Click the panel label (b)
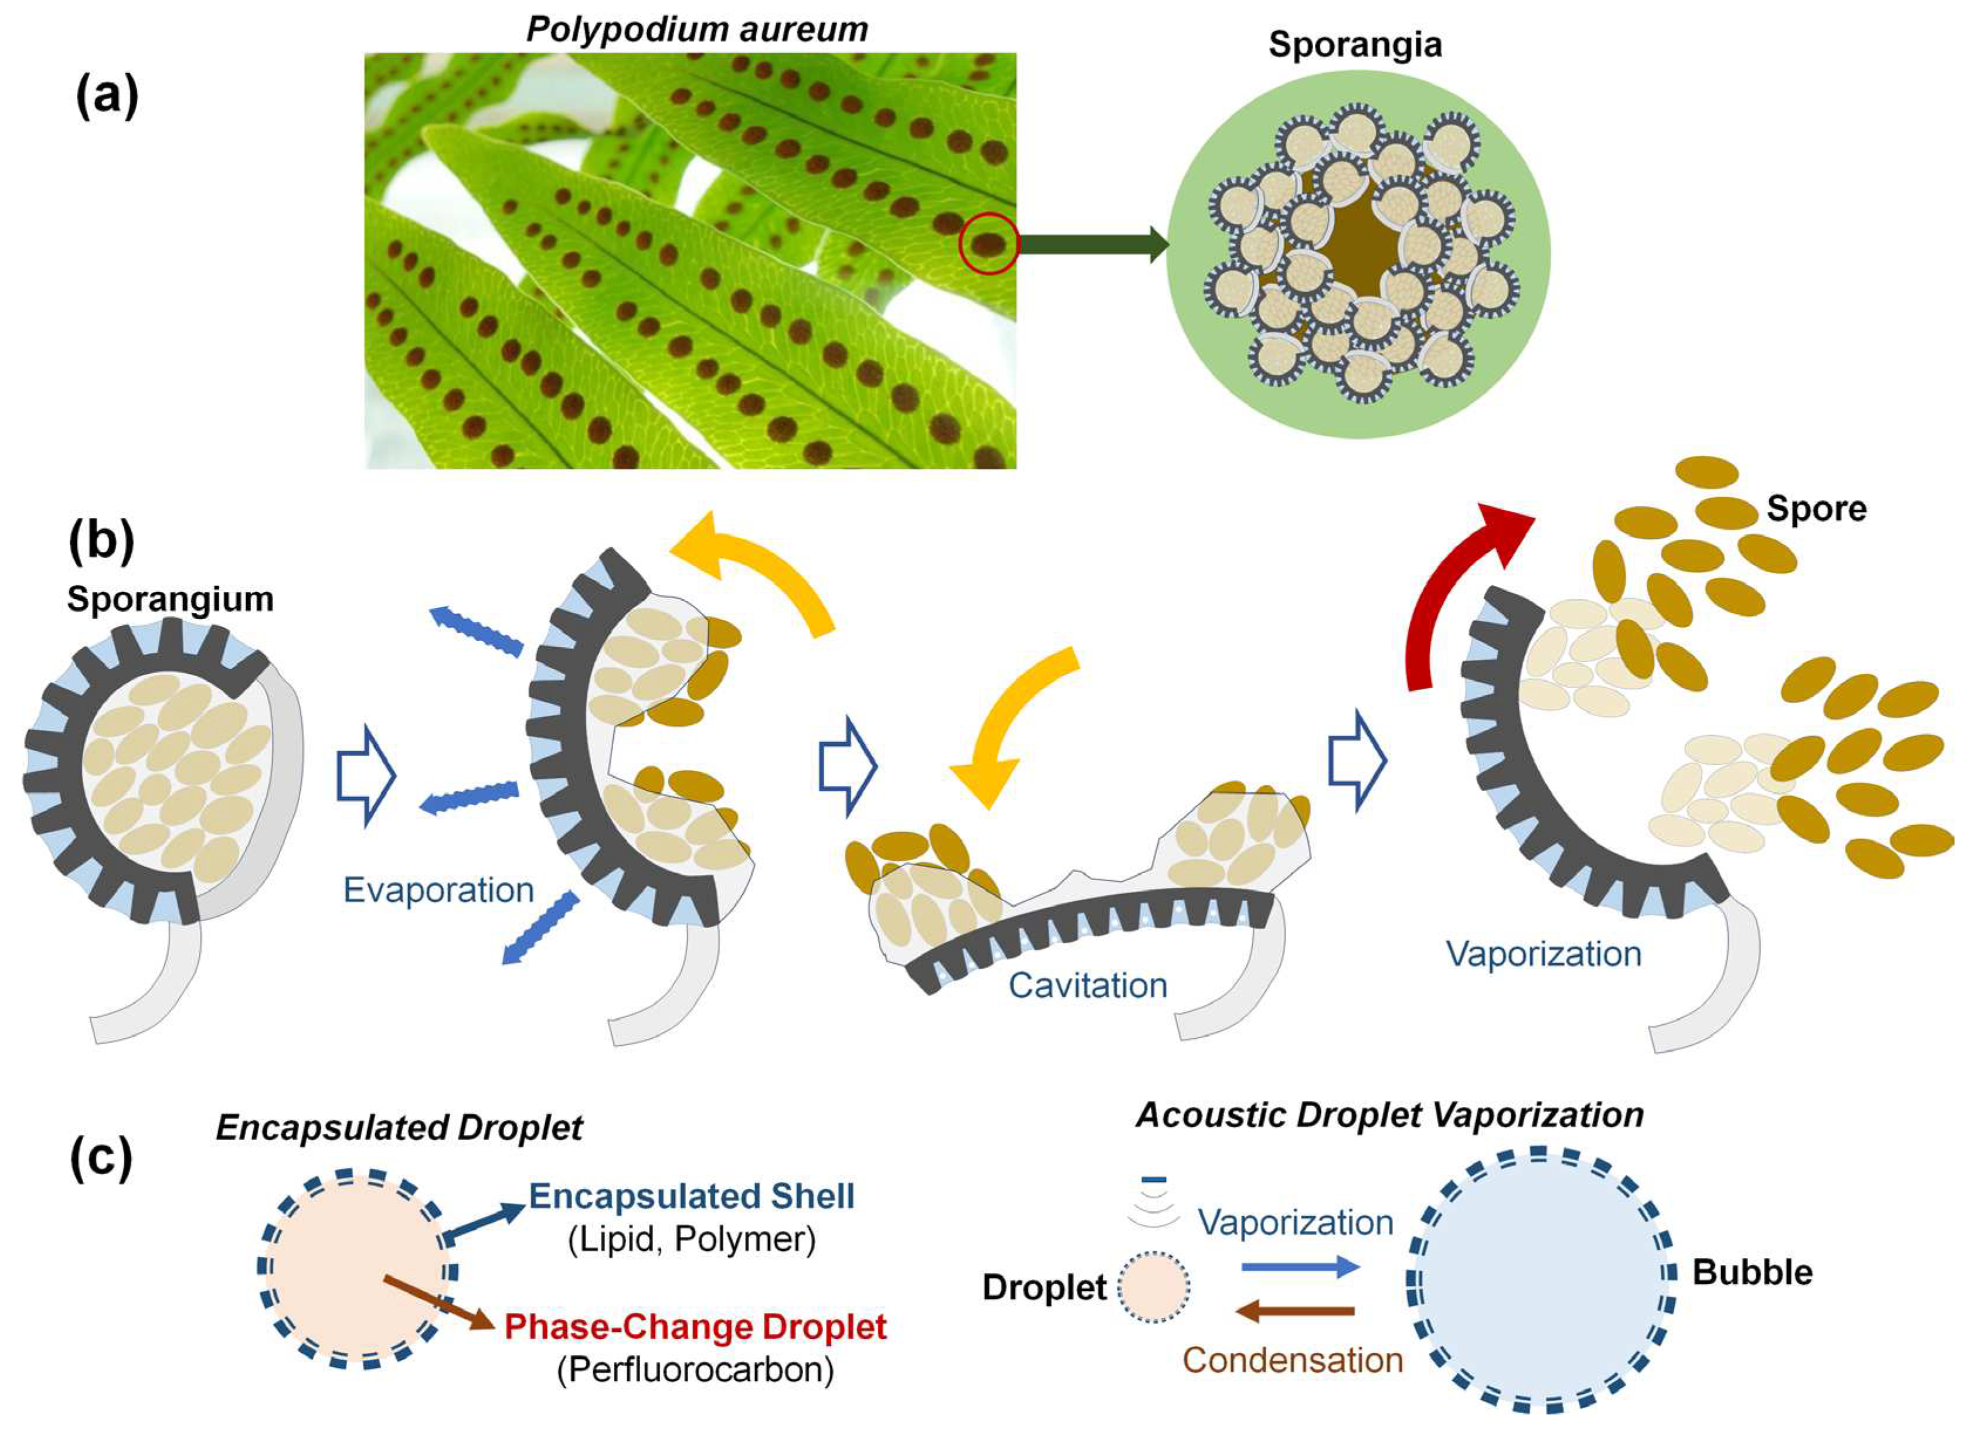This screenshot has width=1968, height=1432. (101, 542)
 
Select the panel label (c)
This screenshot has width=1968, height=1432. (101, 1159)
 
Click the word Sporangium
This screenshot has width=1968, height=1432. (170, 599)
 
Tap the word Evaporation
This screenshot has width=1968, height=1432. (438, 890)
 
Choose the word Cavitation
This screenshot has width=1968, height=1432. (1087, 986)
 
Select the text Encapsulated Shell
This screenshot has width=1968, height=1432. (692, 1196)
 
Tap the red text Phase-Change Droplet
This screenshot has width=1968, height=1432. (695, 1326)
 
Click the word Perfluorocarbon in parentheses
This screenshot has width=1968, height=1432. (695, 1369)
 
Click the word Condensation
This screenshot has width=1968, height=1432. (1293, 1360)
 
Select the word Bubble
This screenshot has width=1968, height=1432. (1752, 1273)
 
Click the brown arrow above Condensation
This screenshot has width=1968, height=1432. (1294, 1311)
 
